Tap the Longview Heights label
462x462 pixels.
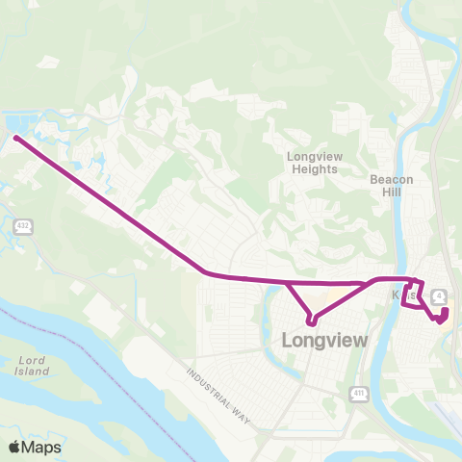tap(314, 162)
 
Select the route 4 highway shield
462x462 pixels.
tap(439, 295)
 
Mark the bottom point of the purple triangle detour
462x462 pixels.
tap(310, 321)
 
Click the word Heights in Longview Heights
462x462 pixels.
tap(314, 168)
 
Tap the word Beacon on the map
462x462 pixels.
tap(392, 178)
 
